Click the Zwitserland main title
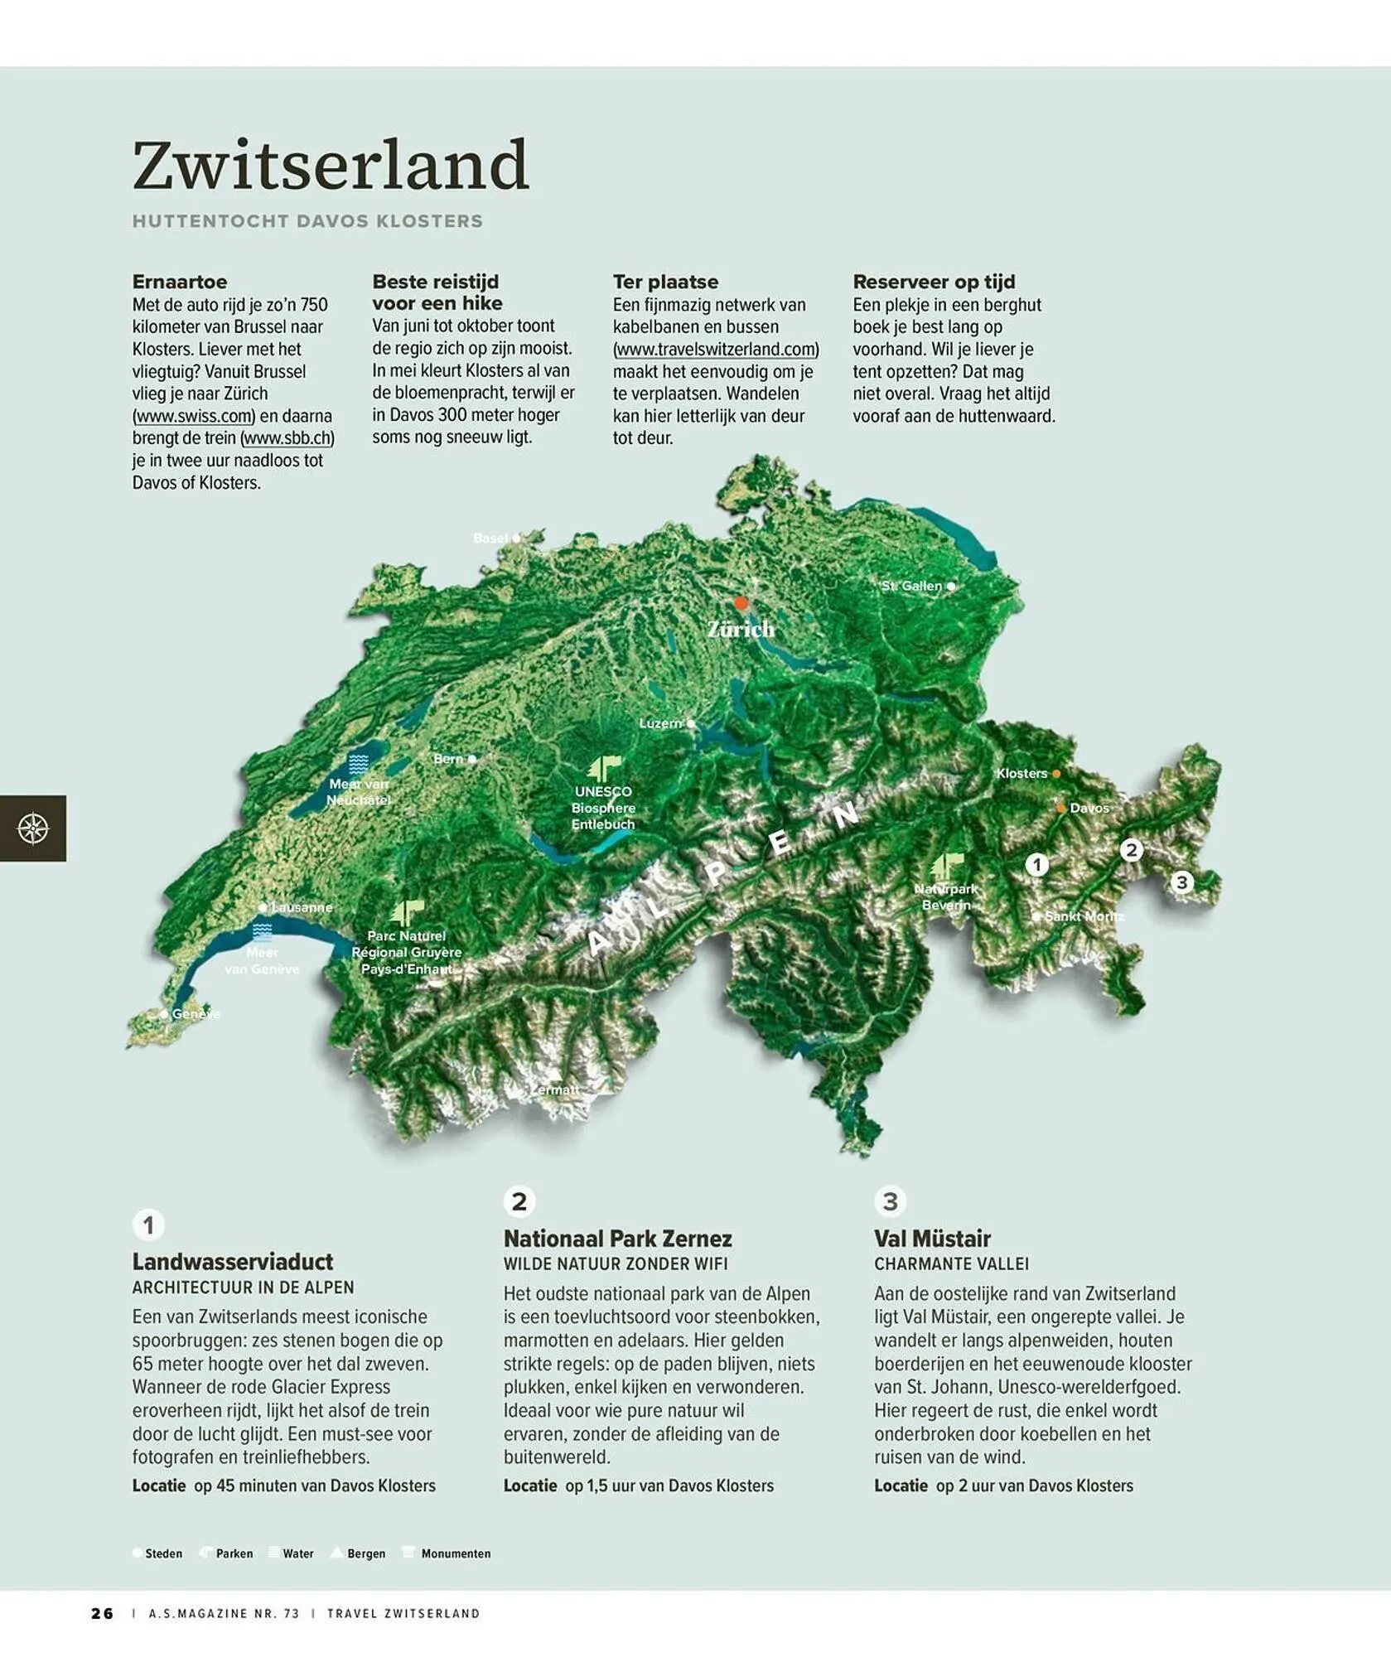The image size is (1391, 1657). point(330,165)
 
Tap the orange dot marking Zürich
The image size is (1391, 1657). point(741,603)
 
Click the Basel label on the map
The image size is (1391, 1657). point(490,539)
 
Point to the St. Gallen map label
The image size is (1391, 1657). point(911,586)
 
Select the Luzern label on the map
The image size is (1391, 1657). point(660,723)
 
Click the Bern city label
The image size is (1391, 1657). point(448,759)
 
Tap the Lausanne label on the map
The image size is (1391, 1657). point(302,907)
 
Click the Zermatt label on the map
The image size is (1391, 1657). point(555,1089)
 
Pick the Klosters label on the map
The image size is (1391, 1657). point(1022,773)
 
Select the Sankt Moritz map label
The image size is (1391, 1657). point(1084,916)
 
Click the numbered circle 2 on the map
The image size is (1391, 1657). point(1131,850)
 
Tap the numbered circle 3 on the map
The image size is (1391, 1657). point(1182,882)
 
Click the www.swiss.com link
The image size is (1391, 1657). point(194,416)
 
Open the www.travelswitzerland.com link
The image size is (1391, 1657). point(716,350)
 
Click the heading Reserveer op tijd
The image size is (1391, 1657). point(934,282)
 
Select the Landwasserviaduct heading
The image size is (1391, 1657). point(233,1262)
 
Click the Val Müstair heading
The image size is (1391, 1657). point(932,1239)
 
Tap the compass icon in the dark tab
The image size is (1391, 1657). point(33,828)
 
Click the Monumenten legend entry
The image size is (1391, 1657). point(455,1553)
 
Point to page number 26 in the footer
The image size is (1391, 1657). point(102,1613)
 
